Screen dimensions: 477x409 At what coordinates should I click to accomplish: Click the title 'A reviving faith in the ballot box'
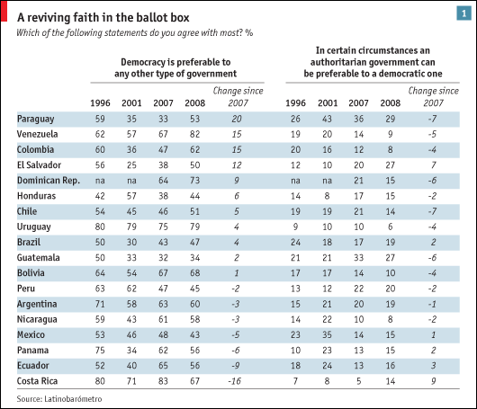point(103,18)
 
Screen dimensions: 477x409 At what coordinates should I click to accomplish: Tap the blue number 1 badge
point(463,13)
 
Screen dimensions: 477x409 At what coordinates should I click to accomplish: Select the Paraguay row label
point(36,119)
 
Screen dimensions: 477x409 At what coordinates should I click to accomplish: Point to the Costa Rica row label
point(37,381)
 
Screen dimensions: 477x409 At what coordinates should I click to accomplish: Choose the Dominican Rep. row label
point(49,181)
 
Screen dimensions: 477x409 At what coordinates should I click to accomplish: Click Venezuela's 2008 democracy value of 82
point(194,134)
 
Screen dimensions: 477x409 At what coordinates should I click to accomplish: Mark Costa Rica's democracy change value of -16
point(235,381)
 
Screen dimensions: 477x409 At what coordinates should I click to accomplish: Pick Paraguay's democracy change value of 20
point(237,119)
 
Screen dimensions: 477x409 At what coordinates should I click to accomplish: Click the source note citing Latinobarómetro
point(59,399)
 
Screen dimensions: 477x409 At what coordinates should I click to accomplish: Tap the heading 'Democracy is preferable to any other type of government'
point(175,67)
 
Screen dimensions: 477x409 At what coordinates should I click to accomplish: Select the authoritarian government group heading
point(373,62)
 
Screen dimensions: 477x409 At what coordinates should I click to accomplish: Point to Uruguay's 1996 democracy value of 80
point(100,227)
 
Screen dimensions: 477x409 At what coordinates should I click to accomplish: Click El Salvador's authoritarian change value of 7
point(433,165)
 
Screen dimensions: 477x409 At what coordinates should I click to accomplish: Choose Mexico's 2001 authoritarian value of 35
point(327,334)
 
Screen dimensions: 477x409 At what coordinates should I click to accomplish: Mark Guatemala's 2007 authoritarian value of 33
point(359,258)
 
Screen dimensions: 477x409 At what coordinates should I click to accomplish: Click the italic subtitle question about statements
point(134,33)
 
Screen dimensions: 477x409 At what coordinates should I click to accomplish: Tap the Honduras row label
point(36,196)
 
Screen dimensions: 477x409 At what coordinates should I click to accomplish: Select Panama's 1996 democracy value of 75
point(100,350)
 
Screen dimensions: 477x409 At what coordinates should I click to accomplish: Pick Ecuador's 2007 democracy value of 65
point(163,365)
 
